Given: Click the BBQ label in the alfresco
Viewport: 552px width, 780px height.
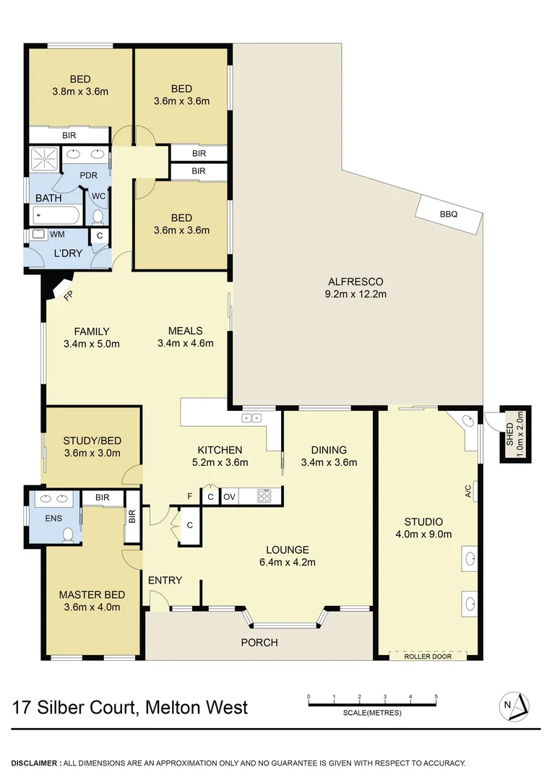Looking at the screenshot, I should point(449,214).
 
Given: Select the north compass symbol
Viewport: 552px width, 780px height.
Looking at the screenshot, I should point(516,705).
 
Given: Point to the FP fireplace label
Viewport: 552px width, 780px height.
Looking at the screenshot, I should point(69,295).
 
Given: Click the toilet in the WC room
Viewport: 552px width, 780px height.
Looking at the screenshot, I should point(98,217).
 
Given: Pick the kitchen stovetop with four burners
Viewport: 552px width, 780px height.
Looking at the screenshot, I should point(264,496).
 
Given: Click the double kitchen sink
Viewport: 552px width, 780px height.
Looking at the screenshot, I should point(252,417).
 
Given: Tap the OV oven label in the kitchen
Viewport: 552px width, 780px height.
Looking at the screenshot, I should point(229,497).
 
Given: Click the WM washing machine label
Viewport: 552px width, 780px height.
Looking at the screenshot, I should point(56,235).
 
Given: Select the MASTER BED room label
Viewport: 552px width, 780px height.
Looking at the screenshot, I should point(92,594).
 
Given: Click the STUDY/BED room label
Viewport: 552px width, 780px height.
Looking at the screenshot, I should point(91,441).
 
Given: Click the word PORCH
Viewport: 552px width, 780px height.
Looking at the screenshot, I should point(259,642).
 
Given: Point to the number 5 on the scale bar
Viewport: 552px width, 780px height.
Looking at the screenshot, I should point(436,697).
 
